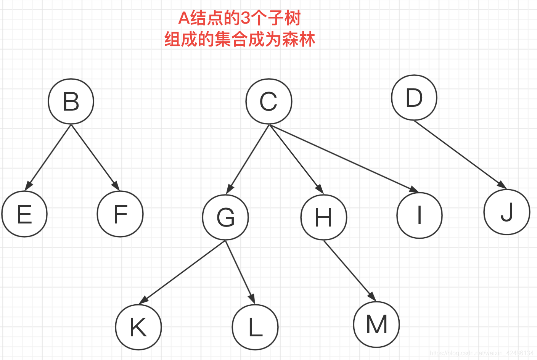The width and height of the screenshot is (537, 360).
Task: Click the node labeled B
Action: click(x=71, y=101)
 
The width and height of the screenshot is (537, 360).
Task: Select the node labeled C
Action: click(x=269, y=101)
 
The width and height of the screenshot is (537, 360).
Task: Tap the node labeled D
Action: click(x=414, y=98)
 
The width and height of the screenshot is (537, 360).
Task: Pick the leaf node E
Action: click(x=24, y=214)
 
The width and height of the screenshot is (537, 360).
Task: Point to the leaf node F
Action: click(x=120, y=214)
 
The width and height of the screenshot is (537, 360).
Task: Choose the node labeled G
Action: click(x=225, y=217)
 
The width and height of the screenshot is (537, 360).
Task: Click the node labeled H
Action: click(x=324, y=217)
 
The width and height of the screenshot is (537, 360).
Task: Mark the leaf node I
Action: click(x=420, y=215)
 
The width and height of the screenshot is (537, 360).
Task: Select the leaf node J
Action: click(x=507, y=212)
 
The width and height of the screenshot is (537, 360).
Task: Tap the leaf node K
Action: click(x=138, y=327)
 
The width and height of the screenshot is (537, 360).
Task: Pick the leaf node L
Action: click(x=255, y=327)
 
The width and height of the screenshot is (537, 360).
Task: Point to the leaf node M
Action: click(x=376, y=325)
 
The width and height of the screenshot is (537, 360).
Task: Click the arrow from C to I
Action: click(x=343, y=157)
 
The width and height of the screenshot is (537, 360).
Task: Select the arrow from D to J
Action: click(x=460, y=154)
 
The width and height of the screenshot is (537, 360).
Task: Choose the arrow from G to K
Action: click(x=182, y=272)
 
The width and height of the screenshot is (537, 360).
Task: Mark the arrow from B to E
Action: click(x=48, y=157)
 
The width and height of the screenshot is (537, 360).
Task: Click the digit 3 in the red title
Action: click(x=245, y=18)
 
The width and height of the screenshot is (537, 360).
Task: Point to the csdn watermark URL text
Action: click(x=481, y=353)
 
